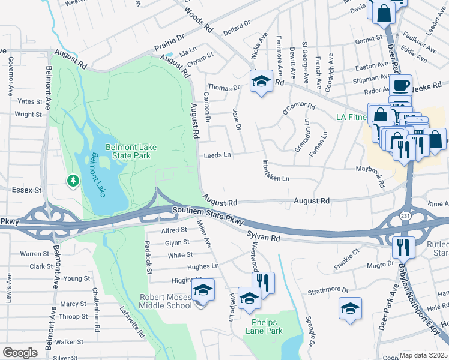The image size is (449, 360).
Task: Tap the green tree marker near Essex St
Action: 73,180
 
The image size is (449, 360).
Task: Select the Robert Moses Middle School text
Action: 166,301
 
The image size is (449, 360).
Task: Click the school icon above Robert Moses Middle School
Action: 203,292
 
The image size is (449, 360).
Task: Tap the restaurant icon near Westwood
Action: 263,283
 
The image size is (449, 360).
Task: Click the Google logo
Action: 20,352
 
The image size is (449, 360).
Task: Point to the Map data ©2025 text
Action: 423,355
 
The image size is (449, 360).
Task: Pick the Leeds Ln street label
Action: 217,155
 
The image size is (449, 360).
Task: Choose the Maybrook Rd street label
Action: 371,176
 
